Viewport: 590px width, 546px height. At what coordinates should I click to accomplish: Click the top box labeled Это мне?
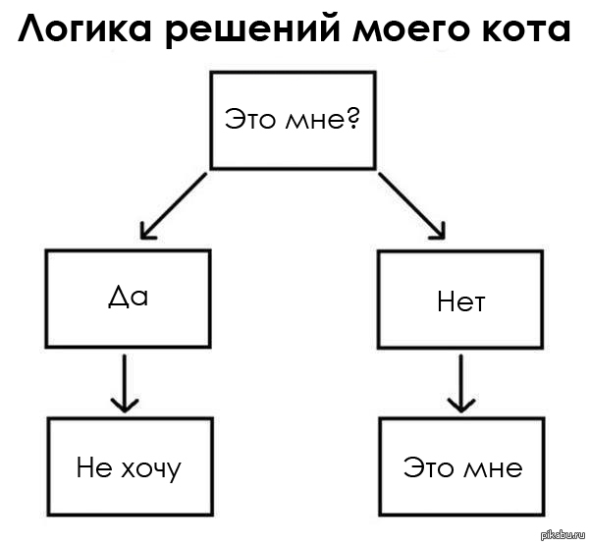click(x=292, y=120)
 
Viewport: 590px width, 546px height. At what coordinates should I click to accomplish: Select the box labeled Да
click(x=127, y=299)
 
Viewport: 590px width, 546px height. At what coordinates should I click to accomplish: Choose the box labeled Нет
click(x=460, y=299)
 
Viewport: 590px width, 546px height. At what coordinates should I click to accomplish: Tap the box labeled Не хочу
click(x=129, y=466)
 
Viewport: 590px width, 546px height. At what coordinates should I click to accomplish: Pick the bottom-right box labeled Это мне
click(x=461, y=466)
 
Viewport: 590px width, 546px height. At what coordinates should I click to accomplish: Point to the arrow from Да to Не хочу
click(x=124, y=384)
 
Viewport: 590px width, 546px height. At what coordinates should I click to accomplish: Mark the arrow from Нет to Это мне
click(x=457, y=384)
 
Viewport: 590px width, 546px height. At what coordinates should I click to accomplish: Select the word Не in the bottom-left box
click(x=88, y=467)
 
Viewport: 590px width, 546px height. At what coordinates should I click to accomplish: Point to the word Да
click(x=127, y=297)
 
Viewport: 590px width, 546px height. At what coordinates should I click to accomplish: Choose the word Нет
click(x=460, y=300)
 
